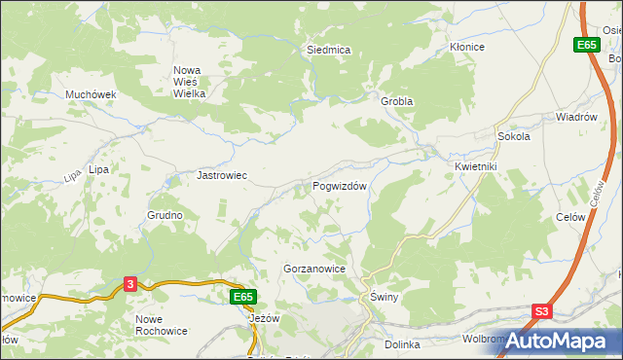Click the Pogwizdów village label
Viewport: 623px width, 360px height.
tap(339, 186)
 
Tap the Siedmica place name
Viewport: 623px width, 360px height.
tap(328, 49)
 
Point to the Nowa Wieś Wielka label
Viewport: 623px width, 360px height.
tap(189, 82)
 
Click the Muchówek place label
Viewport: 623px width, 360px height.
tap(91, 94)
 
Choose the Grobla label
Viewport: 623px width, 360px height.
tap(397, 101)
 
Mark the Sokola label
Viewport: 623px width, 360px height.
tap(513, 137)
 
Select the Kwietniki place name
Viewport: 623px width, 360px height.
tap(475, 166)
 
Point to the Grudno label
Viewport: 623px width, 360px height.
tap(165, 215)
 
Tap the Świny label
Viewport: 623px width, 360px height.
tap(380, 297)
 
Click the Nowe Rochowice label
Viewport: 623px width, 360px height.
tap(163, 326)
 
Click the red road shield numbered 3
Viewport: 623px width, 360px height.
tap(130, 283)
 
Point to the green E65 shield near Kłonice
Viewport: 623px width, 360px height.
tap(586, 45)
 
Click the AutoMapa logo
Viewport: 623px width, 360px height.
tap(558, 341)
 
